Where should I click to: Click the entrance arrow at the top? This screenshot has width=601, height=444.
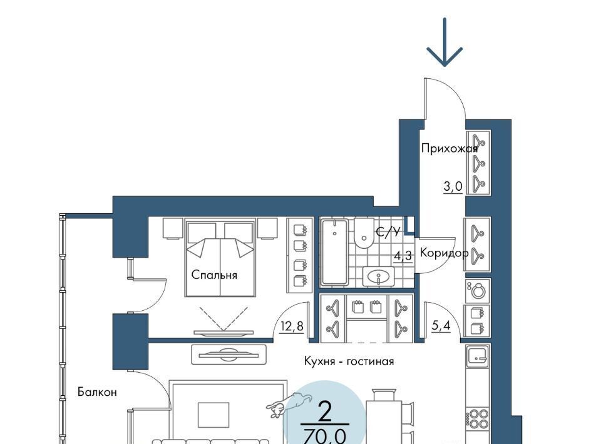(444, 42)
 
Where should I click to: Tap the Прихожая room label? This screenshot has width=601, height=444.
(449, 148)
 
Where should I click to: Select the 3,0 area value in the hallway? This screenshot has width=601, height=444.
(453, 187)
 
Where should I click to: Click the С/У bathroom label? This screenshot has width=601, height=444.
(388, 231)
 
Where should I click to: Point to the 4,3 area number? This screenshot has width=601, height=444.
(403, 255)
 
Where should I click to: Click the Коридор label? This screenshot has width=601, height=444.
(444, 253)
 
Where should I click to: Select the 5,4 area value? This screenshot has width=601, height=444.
(441, 326)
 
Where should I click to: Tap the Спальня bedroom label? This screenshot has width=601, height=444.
(214, 275)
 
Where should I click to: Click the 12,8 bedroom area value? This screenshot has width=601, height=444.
(292, 326)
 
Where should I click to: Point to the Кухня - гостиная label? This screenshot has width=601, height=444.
(349, 361)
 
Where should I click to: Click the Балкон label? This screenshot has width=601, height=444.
(97, 392)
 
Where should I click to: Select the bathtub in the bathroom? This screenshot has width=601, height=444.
(334, 253)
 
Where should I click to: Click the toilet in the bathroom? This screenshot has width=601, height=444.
(363, 233)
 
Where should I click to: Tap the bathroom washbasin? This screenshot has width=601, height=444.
(378, 276)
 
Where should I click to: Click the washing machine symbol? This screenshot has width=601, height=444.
(478, 291)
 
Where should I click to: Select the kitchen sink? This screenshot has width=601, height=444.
(478, 356)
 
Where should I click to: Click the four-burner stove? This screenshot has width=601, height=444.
(478, 419)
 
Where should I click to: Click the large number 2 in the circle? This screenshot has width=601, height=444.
(325, 411)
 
